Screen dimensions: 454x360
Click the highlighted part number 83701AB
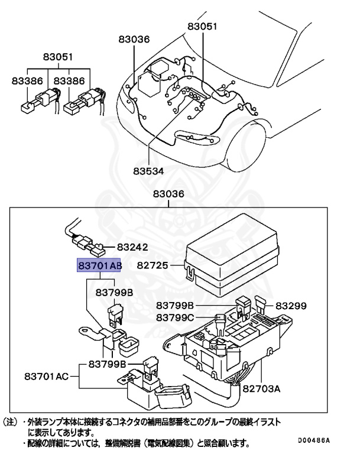point(98,267)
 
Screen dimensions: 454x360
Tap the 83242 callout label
point(132,248)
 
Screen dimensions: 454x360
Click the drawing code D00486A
point(310,440)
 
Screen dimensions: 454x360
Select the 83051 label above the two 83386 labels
point(57,57)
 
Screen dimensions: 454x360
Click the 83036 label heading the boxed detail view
point(168,194)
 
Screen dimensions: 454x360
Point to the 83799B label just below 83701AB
point(114,293)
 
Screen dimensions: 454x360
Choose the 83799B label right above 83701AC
point(107,364)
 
